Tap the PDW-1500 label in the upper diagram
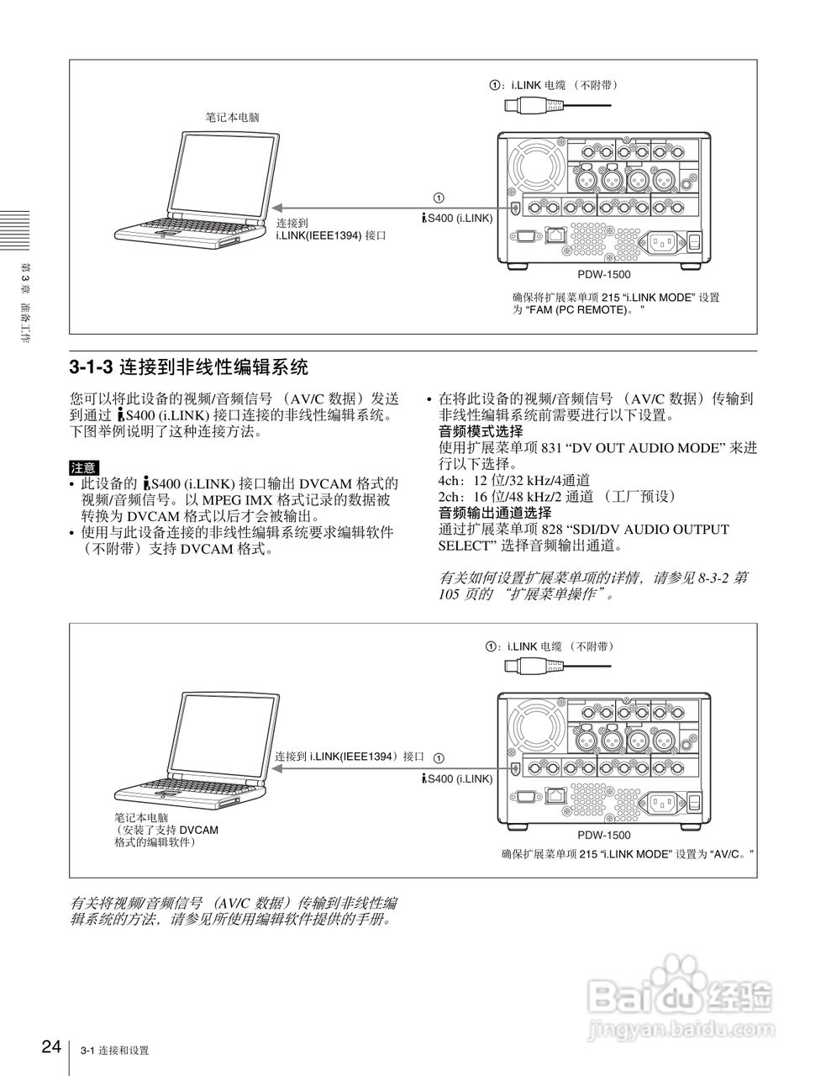[603, 275]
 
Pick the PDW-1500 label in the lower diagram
[603, 835]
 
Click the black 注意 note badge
[83, 467]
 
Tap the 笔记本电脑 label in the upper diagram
[233, 118]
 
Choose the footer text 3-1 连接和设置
[115, 1051]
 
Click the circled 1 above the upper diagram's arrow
[439, 198]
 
